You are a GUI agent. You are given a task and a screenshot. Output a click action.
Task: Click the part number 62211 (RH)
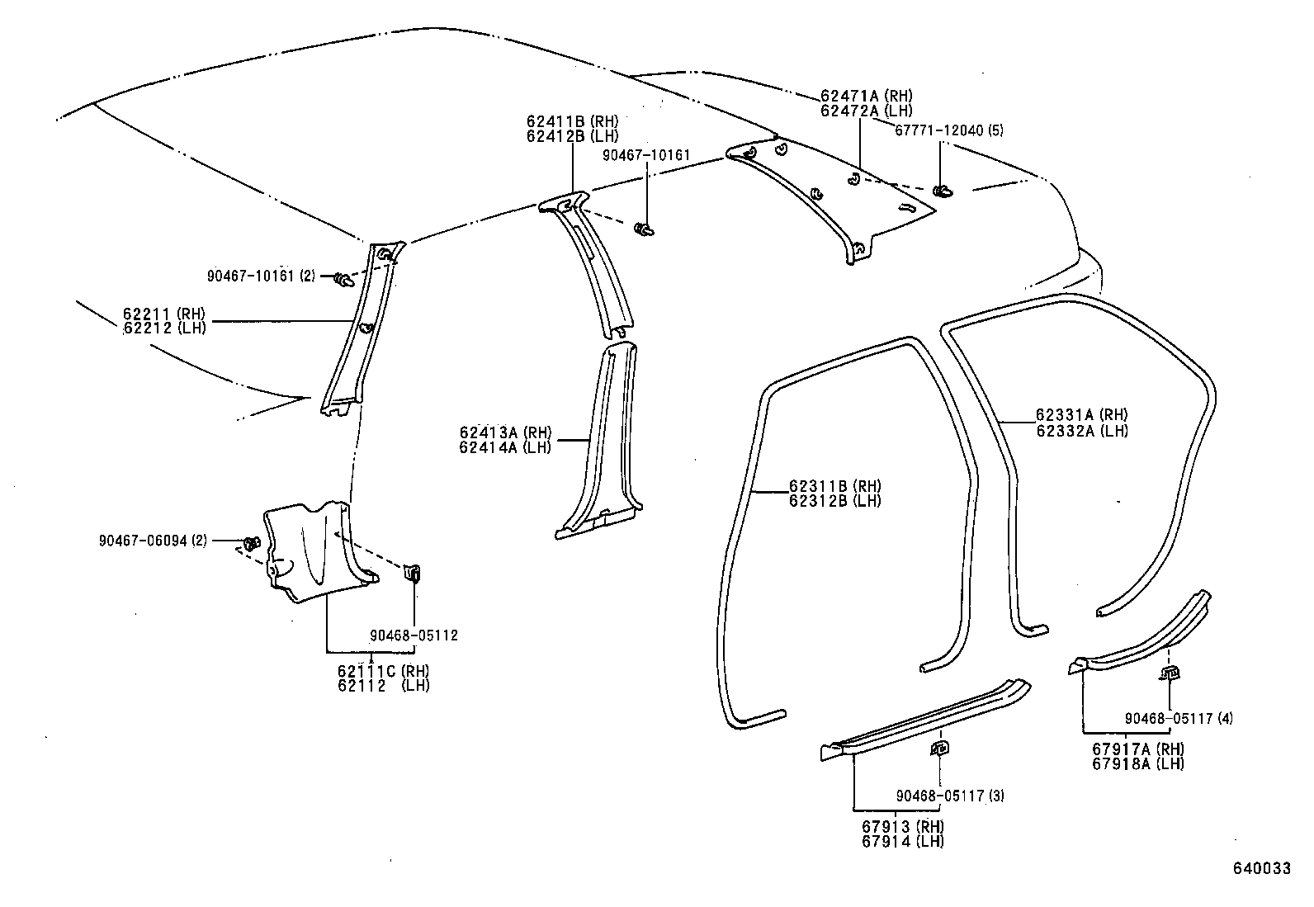[163, 314]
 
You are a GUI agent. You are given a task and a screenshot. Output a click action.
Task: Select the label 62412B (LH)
[572, 136]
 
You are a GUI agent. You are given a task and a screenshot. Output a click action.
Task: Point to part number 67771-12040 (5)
[949, 130]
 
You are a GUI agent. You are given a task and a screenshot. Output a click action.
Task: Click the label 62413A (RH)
[505, 432]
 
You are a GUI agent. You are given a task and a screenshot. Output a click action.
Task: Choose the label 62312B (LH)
[834, 500]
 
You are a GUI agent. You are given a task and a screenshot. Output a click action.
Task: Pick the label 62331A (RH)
[1081, 415]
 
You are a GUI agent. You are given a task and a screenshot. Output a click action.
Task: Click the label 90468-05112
[414, 635]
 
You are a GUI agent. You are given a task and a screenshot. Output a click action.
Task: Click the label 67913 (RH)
[903, 827]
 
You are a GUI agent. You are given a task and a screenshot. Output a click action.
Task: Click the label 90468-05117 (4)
[1179, 719]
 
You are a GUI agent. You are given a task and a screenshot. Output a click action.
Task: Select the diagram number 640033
[1261, 868]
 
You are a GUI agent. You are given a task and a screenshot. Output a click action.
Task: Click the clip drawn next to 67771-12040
[942, 191]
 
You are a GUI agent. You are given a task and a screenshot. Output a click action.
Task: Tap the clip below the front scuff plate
[939, 749]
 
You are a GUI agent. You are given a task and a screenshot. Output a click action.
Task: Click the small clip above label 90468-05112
[414, 572]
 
